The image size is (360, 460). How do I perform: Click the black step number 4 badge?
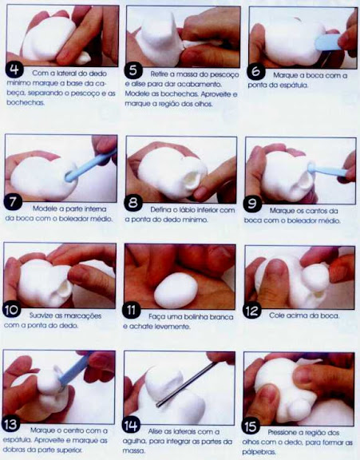coord(14,69)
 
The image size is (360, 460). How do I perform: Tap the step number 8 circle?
coord(133,202)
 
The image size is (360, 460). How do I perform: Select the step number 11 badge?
coord(131,310)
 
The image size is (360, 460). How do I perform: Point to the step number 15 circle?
coord(251,426)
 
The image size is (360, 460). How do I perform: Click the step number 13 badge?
coord(11,425)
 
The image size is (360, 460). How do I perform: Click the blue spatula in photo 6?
coord(326,42)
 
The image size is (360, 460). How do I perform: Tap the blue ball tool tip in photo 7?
coord(69,176)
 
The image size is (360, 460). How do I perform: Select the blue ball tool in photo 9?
coord(326,170)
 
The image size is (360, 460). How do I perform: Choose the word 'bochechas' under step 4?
coord(26,103)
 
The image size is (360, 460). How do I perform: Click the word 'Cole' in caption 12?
coord(276,315)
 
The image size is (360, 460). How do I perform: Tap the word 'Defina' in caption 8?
coord(160,210)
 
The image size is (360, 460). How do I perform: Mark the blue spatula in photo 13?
coord(73,371)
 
